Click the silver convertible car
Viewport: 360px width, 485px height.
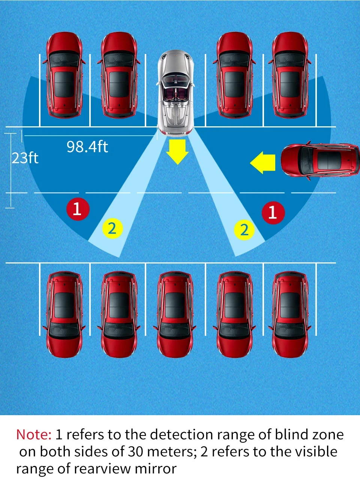coord(175,93)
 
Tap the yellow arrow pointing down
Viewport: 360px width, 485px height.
coord(177,151)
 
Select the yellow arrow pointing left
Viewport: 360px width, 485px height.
coord(263,162)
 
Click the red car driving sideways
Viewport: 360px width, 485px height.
coord(320,160)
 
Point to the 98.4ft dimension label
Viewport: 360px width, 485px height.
coord(87,147)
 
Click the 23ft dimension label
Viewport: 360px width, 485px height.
coord(25,158)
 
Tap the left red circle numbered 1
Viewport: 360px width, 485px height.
coord(78,209)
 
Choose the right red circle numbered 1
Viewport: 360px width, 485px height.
coord(273,213)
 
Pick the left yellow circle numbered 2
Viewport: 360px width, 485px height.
coord(112,228)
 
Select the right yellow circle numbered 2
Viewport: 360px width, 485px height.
coord(244,229)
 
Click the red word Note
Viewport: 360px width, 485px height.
coord(34,434)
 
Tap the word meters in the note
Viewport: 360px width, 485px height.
coord(171,452)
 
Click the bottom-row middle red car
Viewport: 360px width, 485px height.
coord(175,314)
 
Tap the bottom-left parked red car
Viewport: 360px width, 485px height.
coord(64,314)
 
